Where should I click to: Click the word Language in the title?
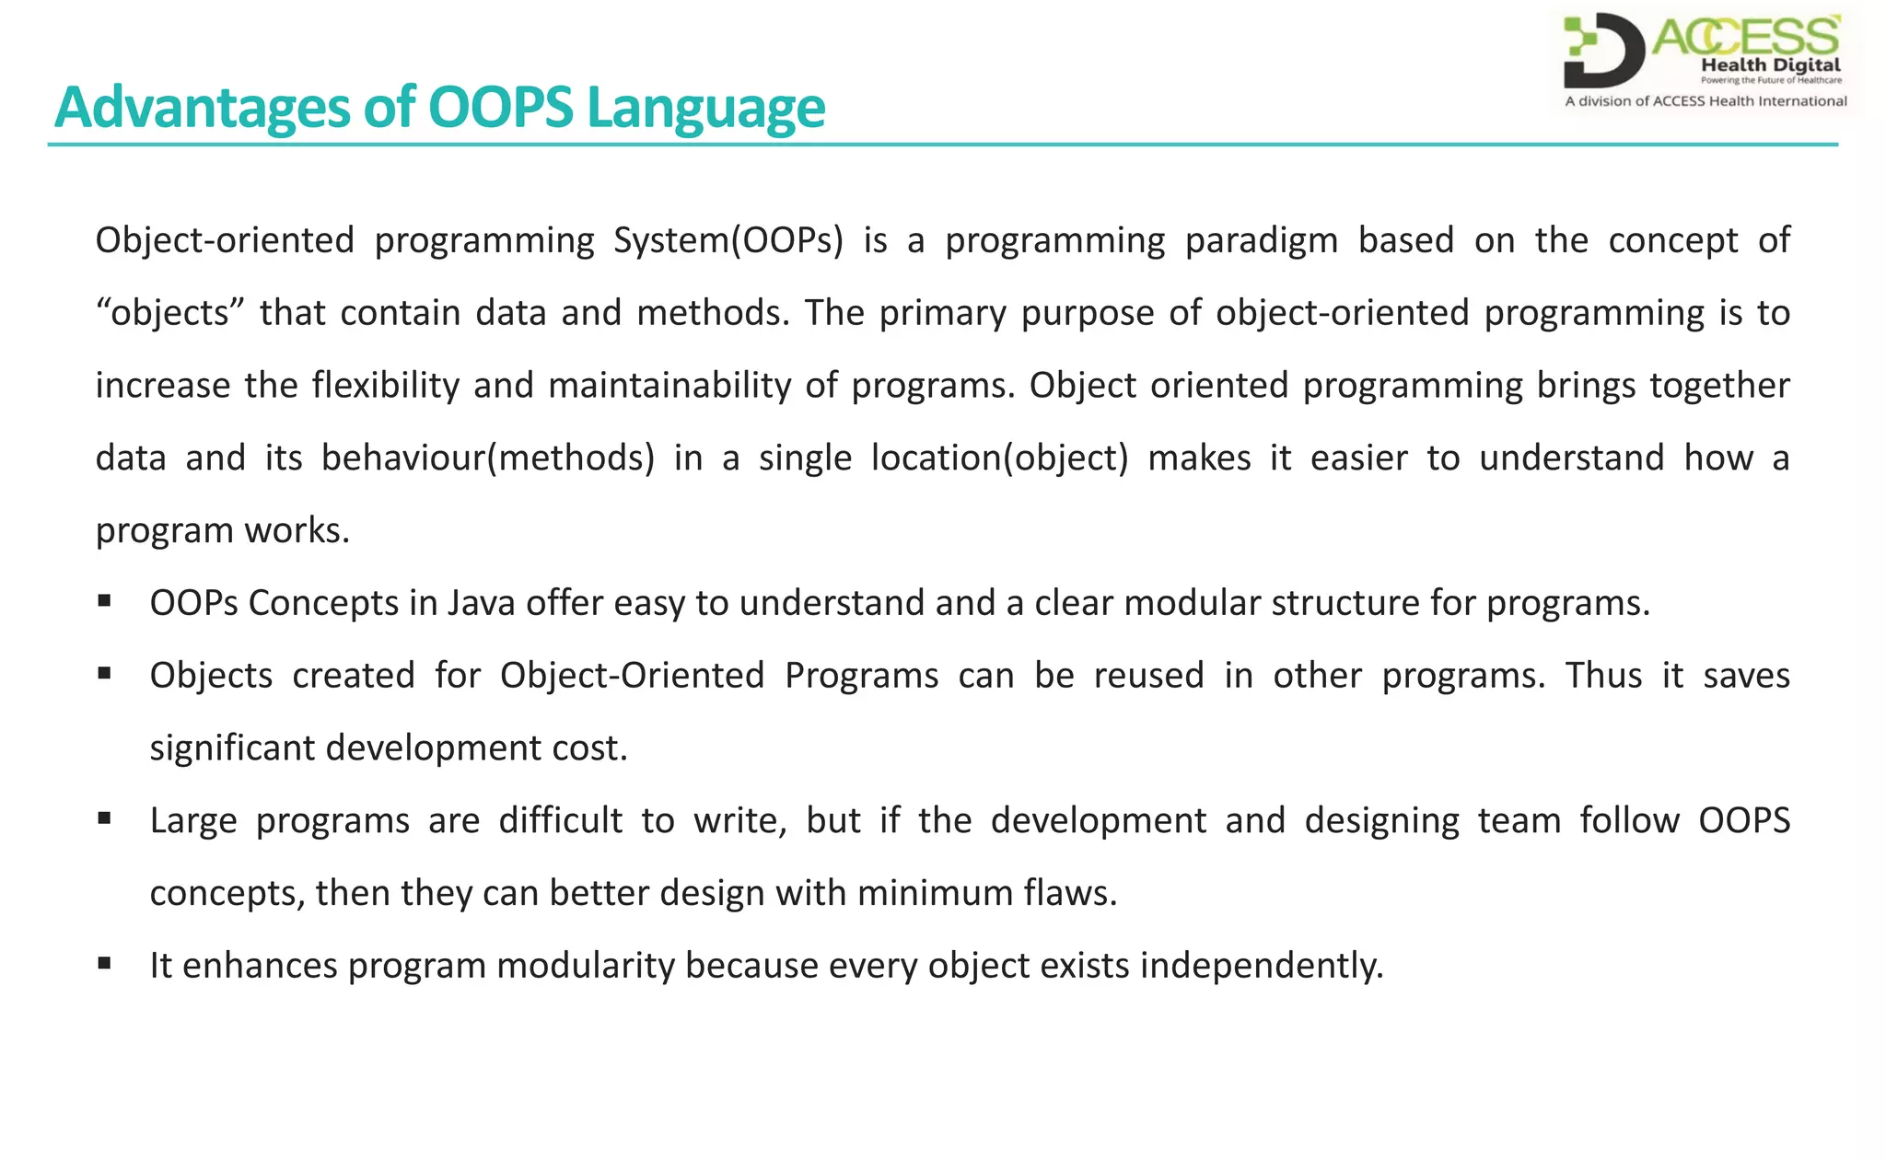[x=705, y=108]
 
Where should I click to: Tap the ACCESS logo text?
[x=1746, y=38]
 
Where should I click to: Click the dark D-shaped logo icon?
[x=1603, y=51]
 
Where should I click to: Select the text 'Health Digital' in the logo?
[x=1770, y=65]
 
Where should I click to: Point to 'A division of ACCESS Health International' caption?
[x=1706, y=101]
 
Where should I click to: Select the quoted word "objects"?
[x=170, y=314]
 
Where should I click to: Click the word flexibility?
[x=385, y=386]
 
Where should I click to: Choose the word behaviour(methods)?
[x=487, y=458]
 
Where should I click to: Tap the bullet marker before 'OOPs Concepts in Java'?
[x=104, y=601]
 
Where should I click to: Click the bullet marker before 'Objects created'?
[x=104, y=674]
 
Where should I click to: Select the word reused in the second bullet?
[x=1148, y=677]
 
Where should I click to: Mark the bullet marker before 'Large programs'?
[x=104, y=818]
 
